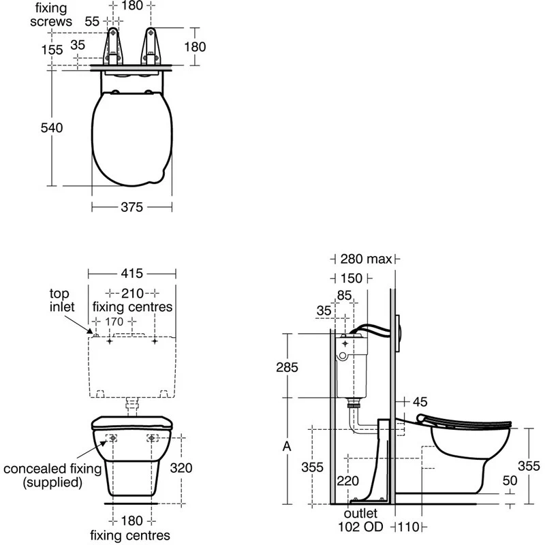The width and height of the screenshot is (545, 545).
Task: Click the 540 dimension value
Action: click(x=52, y=128)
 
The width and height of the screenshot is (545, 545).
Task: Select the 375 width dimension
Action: click(x=131, y=207)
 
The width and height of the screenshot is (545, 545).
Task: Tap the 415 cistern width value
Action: click(x=131, y=273)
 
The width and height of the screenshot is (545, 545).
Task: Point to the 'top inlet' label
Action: click(x=62, y=300)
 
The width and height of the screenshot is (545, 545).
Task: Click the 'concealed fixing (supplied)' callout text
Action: click(x=52, y=476)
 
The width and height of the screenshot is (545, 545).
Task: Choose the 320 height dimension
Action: click(x=181, y=468)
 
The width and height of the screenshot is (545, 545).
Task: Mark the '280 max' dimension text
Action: click(x=366, y=259)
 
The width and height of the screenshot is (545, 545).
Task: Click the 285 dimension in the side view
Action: click(x=287, y=367)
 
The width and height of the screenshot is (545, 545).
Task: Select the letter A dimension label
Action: click(x=287, y=446)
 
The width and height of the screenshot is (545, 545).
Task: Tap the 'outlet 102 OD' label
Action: click(x=360, y=520)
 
